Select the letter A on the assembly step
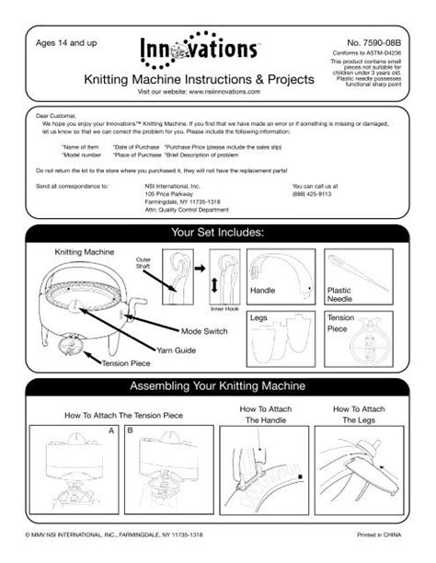(x=111, y=430)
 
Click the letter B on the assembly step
(x=130, y=430)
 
